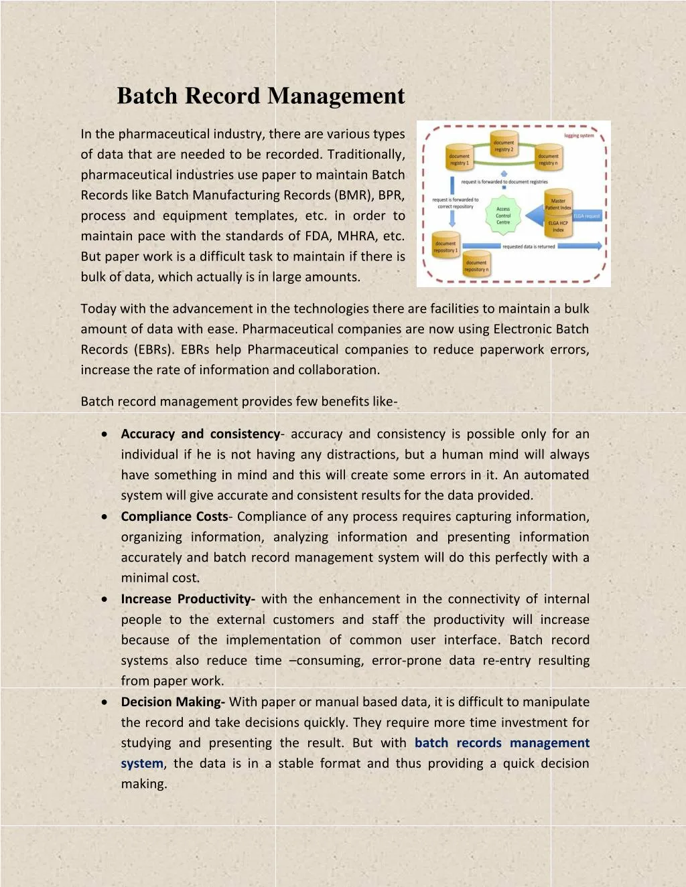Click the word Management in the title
(336, 96)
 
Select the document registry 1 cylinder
(459, 159)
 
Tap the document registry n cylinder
(548, 159)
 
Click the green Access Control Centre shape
(503, 216)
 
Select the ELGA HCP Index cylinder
(558, 226)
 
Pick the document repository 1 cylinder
(445, 246)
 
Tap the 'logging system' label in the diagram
(579, 135)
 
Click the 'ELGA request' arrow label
(586, 216)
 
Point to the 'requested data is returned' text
(529, 246)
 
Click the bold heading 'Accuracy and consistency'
(200, 434)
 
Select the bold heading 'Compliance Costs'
(174, 516)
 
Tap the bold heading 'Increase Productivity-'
(188, 599)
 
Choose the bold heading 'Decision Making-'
(172, 702)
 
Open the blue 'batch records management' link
(502, 743)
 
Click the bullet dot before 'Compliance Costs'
(105, 517)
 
